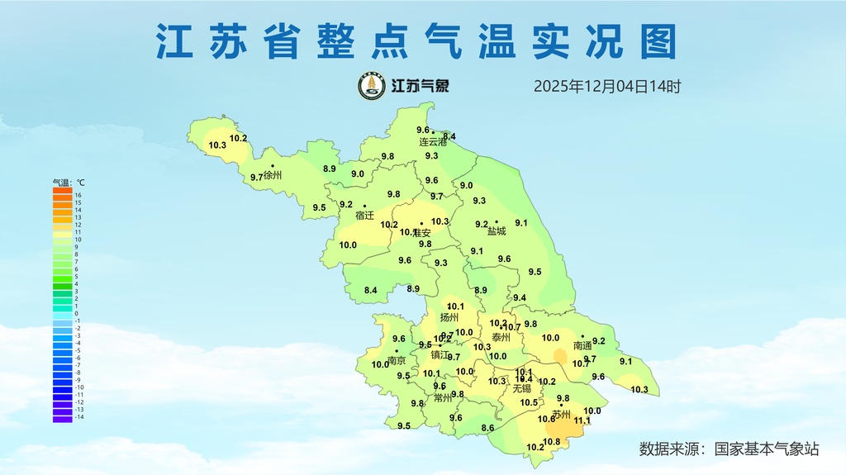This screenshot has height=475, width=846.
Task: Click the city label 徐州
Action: (x=273, y=175)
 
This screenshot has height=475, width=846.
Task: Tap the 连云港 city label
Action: (x=432, y=142)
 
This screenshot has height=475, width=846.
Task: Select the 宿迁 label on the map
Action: (x=364, y=216)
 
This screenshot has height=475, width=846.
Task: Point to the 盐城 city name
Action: (x=496, y=231)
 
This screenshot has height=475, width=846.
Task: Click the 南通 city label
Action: (x=582, y=345)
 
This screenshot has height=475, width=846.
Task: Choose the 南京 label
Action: (x=397, y=361)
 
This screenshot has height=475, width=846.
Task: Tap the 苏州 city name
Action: (x=562, y=415)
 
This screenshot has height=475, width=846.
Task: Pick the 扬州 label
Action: (x=449, y=317)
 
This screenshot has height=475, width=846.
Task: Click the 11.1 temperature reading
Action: (x=583, y=420)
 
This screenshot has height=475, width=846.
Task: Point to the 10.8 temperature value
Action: (x=552, y=442)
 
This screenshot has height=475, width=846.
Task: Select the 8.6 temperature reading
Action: (x=487, y=428)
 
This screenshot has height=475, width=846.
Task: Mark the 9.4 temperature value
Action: (x=520, y=298)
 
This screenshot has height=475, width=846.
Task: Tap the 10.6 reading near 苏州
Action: (x=546, y=419)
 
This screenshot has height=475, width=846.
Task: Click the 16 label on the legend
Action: (x=78, y=196)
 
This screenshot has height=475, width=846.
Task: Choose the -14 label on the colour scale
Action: (x=79, y=417)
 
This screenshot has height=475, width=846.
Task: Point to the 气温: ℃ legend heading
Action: (x=69, y=182)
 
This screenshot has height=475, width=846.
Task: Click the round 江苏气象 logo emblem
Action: (x=372, y=86)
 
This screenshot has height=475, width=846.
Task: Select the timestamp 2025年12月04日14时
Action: (x=606, y=86)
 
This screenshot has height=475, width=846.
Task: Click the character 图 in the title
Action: (x=658, y=41)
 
